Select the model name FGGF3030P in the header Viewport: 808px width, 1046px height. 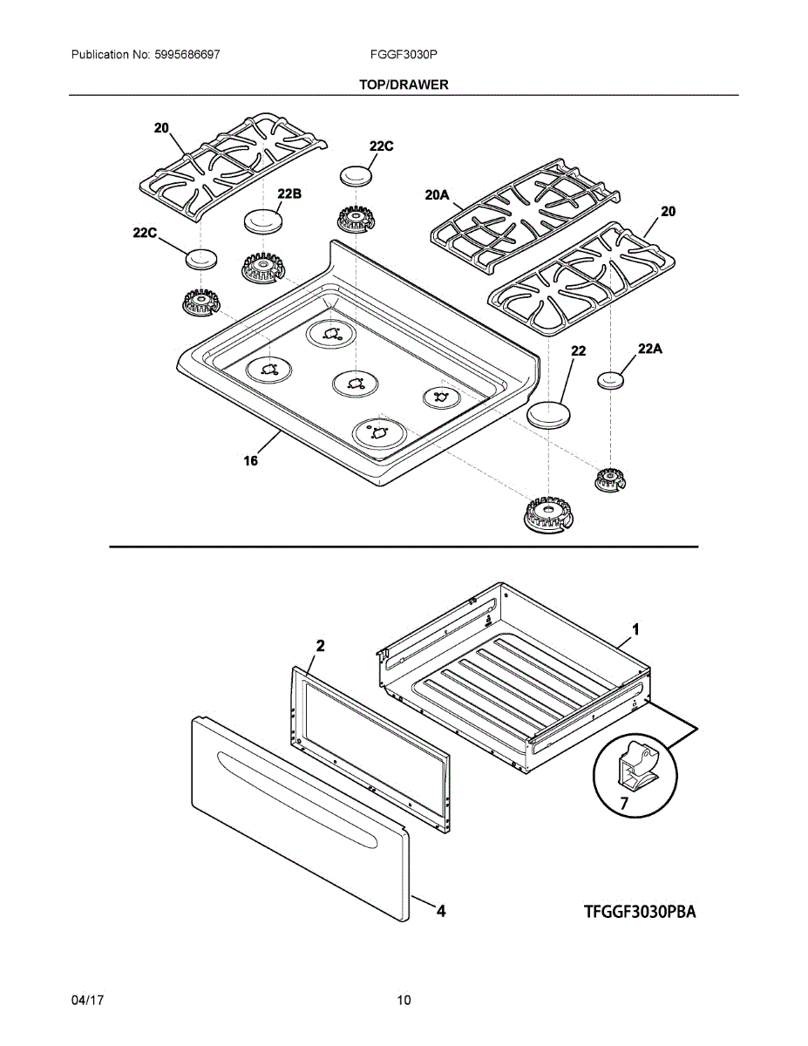[x=404, y=54]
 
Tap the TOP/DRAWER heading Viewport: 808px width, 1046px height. [x=404, y=85]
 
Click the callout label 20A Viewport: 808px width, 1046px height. [x=437, y=196]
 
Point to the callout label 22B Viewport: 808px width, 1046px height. [x=289, y=194]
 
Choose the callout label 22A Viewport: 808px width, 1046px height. [x=650, y=349]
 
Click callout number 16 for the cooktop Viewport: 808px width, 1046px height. [x=251, y=461]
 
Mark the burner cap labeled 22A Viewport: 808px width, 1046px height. [x=613, y=380]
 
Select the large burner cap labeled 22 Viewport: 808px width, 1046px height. [x=547, y=414]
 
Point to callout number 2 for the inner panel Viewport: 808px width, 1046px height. [x=320, y=646]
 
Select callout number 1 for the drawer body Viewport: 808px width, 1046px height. [x=635, y=628]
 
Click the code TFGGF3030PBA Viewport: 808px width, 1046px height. [x=641, y=913]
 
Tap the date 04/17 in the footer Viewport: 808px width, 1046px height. [x=88, y=1001]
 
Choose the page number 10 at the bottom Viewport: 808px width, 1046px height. [x=404, y=1001]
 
